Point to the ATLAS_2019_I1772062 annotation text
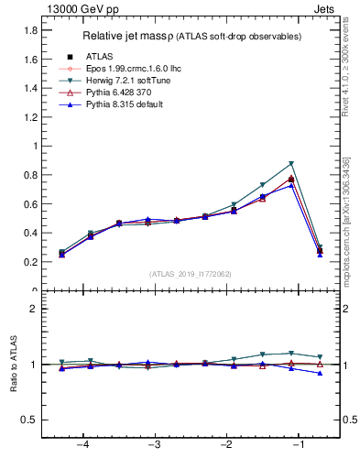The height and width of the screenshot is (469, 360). pyautogui.click(x=190, y=273)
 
